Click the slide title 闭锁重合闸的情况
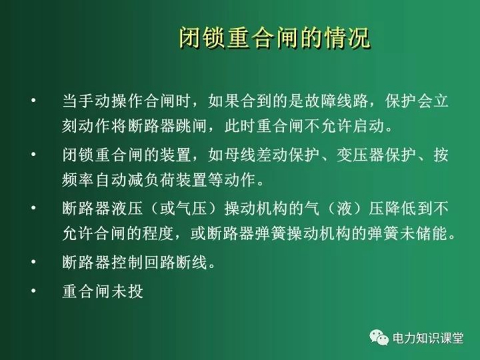click(274, 38)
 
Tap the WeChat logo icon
click(379, 337)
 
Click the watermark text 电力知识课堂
click(428, 338)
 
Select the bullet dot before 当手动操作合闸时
click(34, 100)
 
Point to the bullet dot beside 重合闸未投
click(34, 290)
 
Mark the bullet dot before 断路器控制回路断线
click(34, 262)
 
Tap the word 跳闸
click(191, 125)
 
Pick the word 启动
click(368, 125)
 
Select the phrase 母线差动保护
click(272, 155)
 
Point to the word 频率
click(78, 179)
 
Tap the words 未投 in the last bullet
click(127, 291)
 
